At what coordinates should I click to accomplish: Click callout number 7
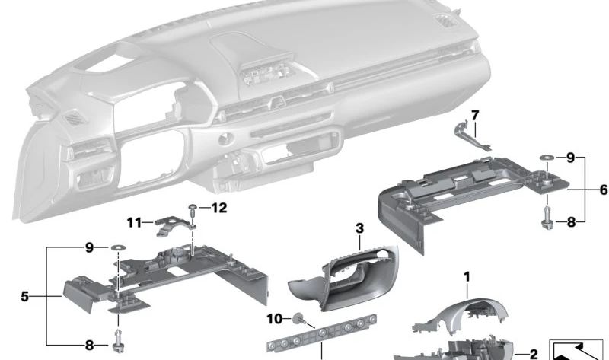[x=474, y=116]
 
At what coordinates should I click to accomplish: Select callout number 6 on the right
[x=603, y=190]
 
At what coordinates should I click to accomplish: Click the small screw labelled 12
[x=194, y=209]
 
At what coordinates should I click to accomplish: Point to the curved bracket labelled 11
[x=173, y=225]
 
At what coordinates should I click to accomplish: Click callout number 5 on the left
[x=24, y=296]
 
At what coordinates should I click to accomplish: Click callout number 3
[x=359, y=228]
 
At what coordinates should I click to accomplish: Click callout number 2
[x=533, y=354]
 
